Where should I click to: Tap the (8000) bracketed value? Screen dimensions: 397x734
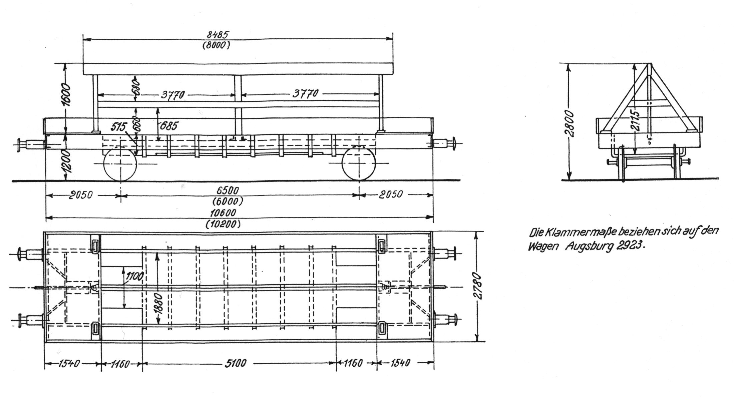click(x=216, y=46)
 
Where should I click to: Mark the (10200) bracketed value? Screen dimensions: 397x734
click(x=223, y=224)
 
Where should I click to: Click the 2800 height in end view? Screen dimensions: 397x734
click(x=571, y=124)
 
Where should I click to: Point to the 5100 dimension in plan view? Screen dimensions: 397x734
click(x=236, y=363)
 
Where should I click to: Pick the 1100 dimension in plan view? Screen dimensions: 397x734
click(x=134, y=277)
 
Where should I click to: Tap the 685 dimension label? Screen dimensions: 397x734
click(x=169, y=126)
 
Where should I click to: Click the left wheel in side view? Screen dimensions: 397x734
click(x=120, y=164)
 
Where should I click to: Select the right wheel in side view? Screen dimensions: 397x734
click(x=359, y=164)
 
